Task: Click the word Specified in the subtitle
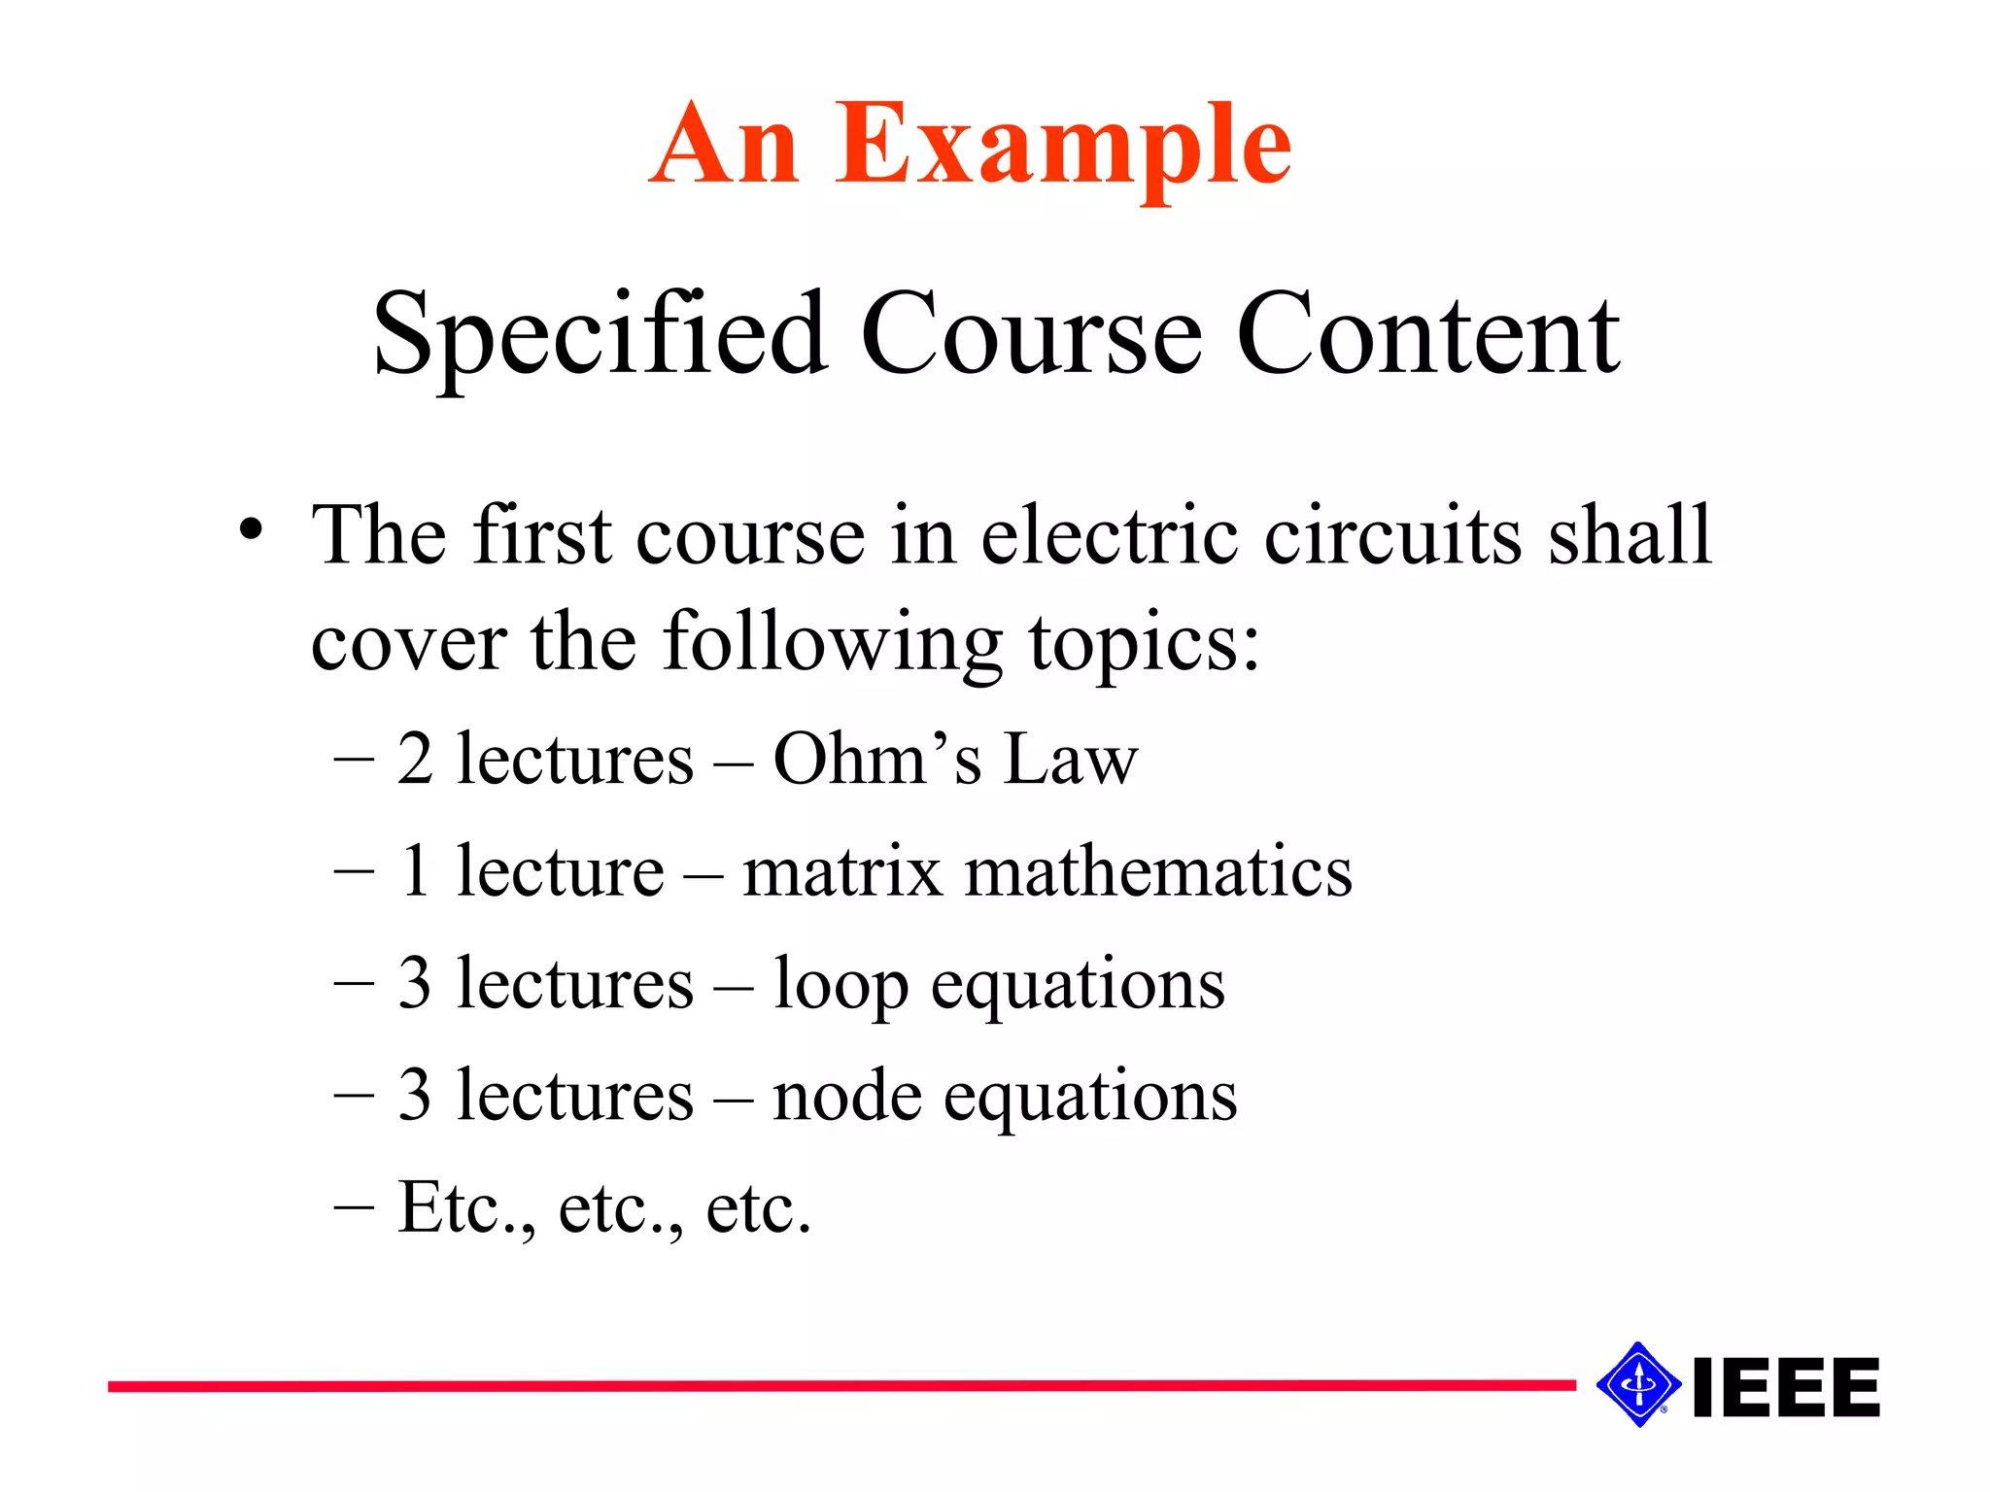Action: (x=600, y=335)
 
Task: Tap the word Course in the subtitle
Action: (x=1031, y=335)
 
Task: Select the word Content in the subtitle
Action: (x=1427, y=335)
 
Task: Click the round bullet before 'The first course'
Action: (x=251, y=530)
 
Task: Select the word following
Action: (x=832, y=643)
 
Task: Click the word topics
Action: (x=1144, y=643)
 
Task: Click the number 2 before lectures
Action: (x=415, y=759)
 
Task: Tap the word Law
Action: (x=1070, y=759)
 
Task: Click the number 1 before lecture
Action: (x=415, y=870)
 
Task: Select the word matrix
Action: (x=841, y=870)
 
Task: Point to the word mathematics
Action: (x=1157, y=870)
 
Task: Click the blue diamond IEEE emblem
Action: (x=1638, y=1384)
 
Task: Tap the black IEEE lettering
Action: (x=1786, y=1387)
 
